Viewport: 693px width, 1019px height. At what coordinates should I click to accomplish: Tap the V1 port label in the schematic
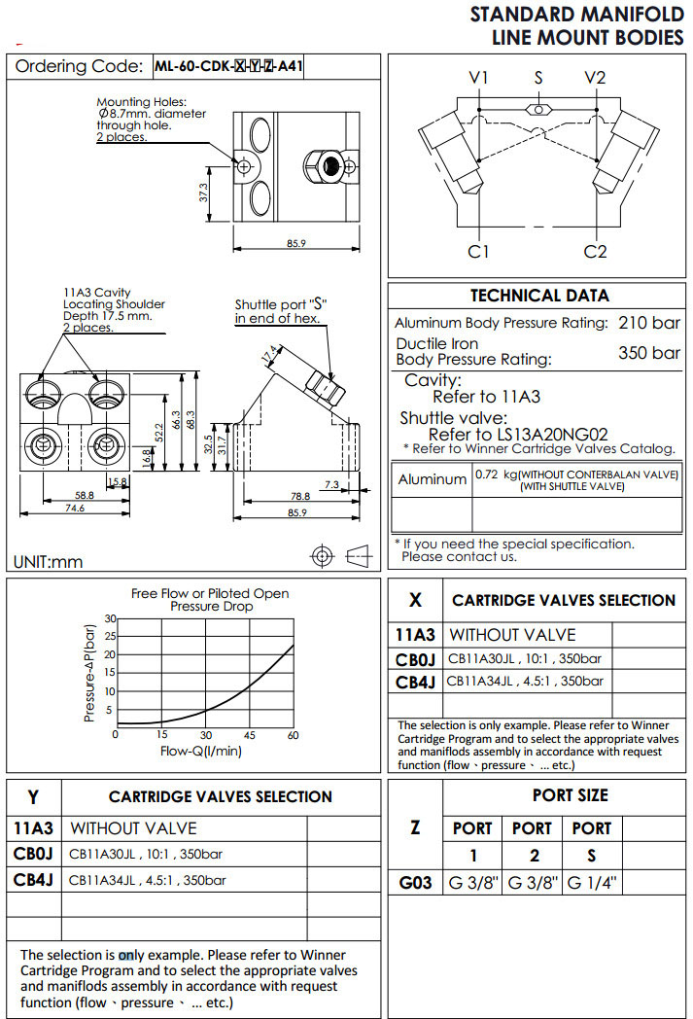[x=478, y=78]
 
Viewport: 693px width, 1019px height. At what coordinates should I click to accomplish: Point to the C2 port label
[x=595, y=252]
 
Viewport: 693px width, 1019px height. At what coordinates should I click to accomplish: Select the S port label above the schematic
[x=538, y=77]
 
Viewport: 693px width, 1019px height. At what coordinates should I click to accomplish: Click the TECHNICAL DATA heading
[x=539, y=296]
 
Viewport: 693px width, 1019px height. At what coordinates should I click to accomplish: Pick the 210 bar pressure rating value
[x=649, y=323]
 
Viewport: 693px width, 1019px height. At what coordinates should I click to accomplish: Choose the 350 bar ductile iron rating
[x=649, y=352]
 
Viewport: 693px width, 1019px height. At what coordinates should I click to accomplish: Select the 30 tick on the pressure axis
[x=110, y=618]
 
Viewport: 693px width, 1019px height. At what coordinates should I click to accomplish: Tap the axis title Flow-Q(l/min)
[x=201, y=751]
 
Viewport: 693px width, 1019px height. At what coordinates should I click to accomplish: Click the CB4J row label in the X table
[x=415, y=682]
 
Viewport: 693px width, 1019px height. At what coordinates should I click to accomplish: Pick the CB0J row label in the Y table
[x=33, y=855]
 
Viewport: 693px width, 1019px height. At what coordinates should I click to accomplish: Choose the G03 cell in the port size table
[x=415, y=884]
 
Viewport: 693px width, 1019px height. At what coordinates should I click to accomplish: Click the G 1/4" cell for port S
[x=592, y=884]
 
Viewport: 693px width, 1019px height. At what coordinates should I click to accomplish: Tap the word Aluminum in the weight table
[x=433, y=479]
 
